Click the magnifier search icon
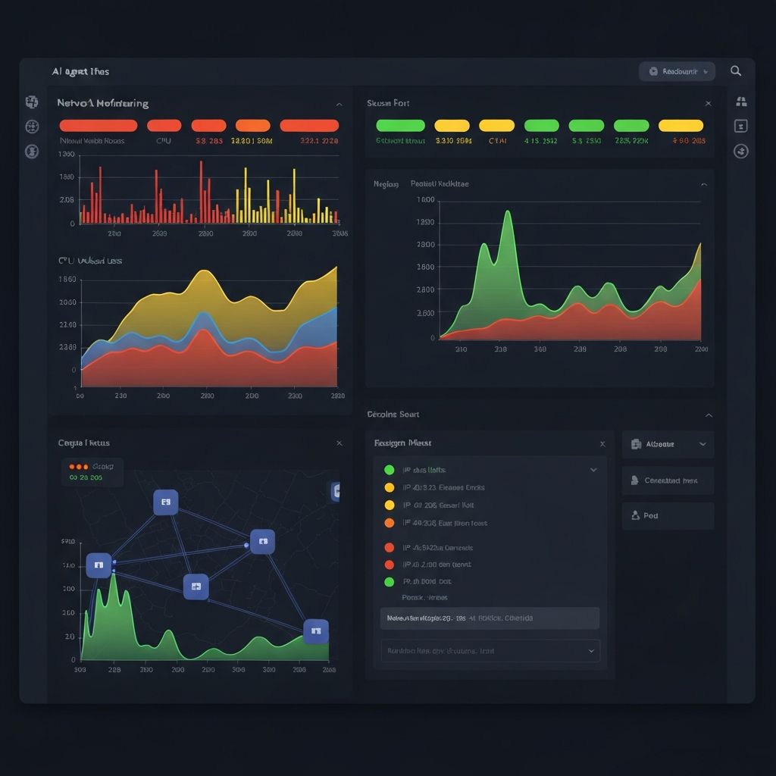pos(736,71)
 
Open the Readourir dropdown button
pos(677,71)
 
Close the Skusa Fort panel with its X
pos(708,103)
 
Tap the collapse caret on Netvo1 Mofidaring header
pos(339,104)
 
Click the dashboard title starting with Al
pos(80,71)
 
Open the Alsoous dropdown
pos(668,444)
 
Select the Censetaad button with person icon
pos(668,480)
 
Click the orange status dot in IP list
pos(390,523)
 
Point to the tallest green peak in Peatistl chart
pos(507,213)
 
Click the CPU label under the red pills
pos(164,140)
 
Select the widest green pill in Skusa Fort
pos(400,126)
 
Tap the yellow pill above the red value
pos(681,126)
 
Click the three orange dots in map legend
pos(79,467)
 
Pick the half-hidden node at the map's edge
pos(335,492)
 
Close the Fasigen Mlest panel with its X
pos(602,444)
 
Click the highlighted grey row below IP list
pos(489,618)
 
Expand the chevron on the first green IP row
pos(593,470)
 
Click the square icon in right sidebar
pos(741,127)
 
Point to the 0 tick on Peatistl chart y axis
pos(432,338)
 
